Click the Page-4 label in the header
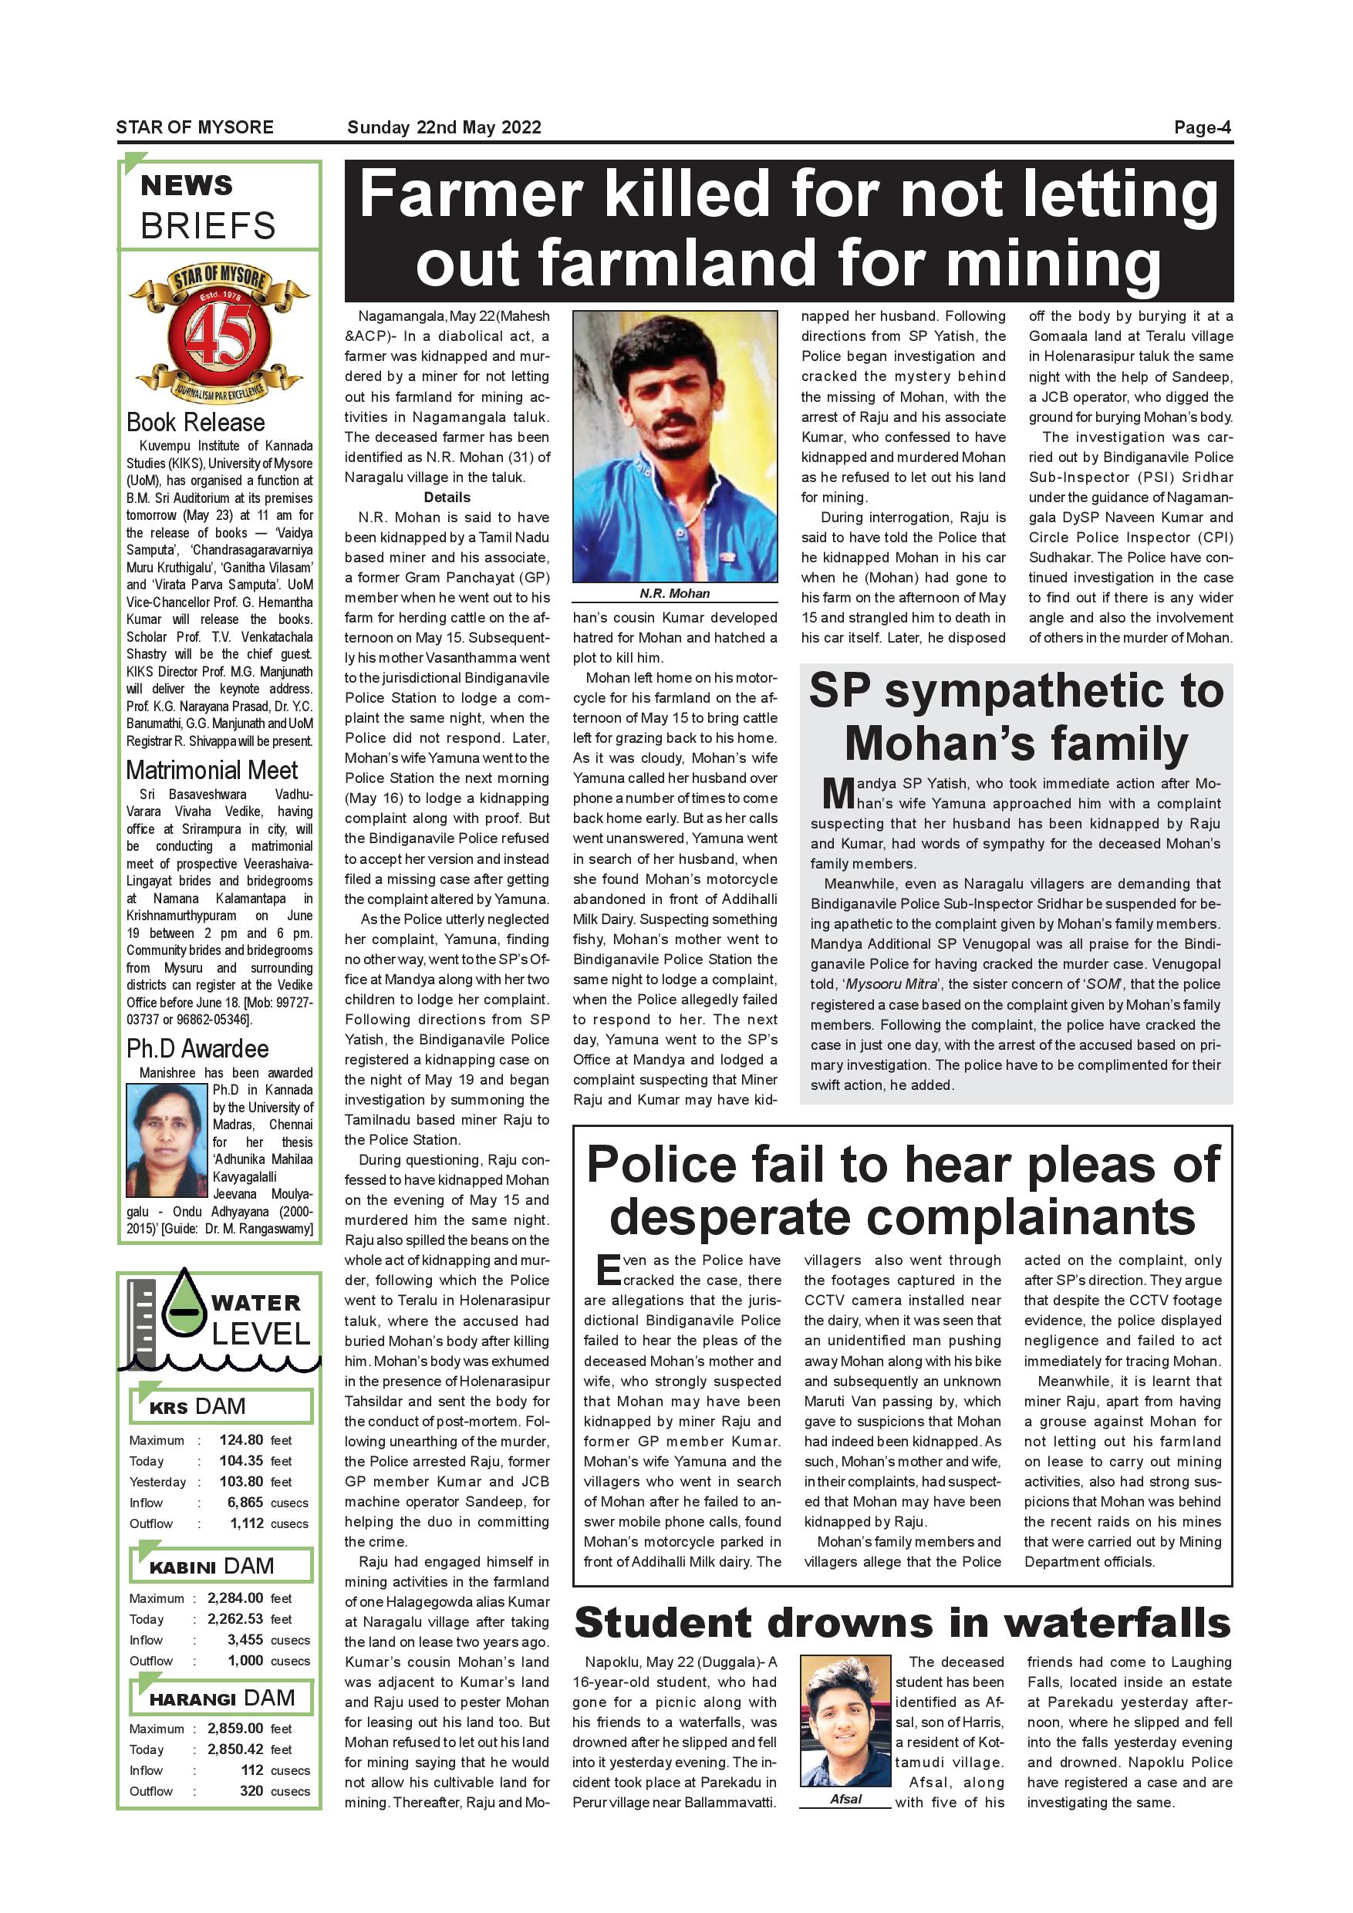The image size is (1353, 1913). point(1201,127)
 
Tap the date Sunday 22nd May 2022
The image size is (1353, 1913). point(444,127)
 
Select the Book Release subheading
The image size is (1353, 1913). point(196,423)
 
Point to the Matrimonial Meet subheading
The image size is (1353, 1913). point(211,770)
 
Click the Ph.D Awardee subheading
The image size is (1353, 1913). point(197,1048)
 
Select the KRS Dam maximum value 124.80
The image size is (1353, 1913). point(241,1439)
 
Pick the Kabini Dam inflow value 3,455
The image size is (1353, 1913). point(245,1640)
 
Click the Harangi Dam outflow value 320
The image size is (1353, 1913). point(251,1790)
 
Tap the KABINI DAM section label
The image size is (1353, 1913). point(211,1567)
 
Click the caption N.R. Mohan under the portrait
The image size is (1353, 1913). point(674,593)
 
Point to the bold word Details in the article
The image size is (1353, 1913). point(447,498)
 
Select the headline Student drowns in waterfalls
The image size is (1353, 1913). point(903,1623)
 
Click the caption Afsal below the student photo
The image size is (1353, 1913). point(845,1799)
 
